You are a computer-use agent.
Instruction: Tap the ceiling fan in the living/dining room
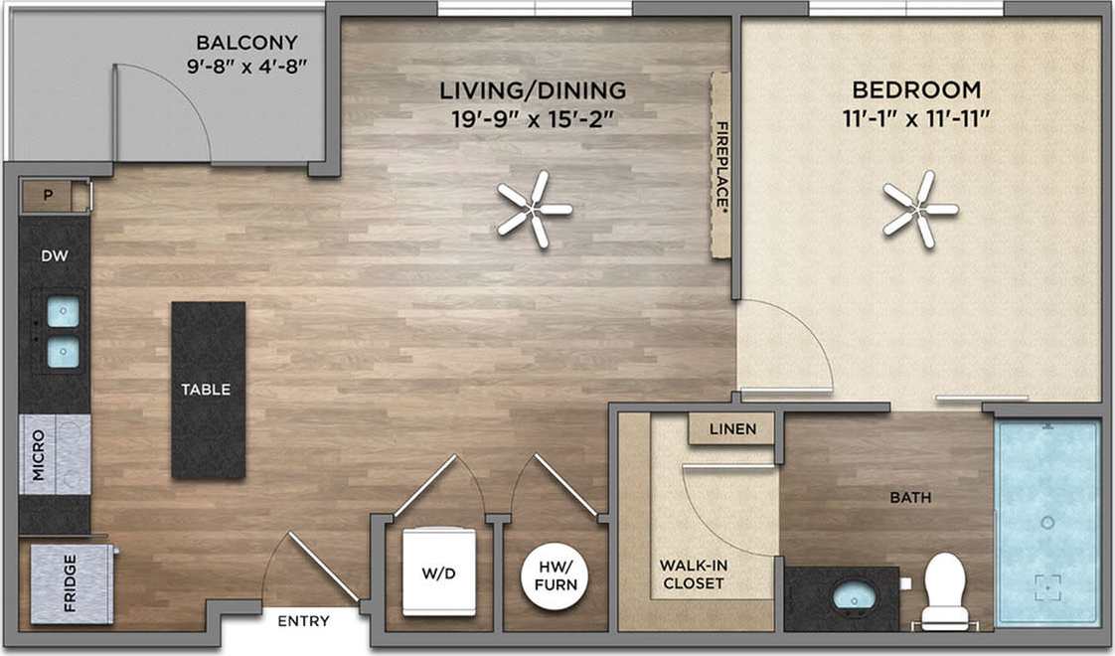click(535, 209)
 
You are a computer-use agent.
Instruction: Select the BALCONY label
click(246, 43)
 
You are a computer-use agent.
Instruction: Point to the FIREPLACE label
click(722, 165)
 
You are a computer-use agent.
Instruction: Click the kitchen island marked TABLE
click(208, 390)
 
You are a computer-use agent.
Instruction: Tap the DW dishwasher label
click(54, 256)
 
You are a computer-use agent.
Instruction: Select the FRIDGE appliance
click(69, 583)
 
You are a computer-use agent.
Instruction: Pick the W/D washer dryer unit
click(438, 573)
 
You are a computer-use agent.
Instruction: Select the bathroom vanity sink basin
click(852, 597)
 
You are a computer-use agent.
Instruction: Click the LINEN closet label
click(732, 429)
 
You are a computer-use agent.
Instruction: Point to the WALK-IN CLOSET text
click(693, 574)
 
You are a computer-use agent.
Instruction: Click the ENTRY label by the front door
click(303, 621)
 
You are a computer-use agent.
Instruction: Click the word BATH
click(910, 497)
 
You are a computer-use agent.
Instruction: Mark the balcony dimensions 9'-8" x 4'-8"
click(246, 68)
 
